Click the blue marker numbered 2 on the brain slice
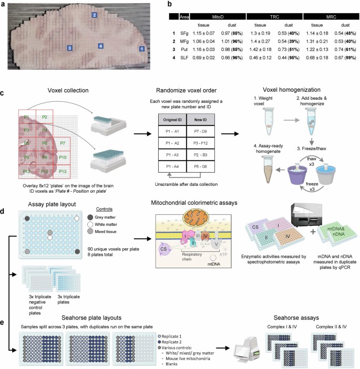click(94, 15)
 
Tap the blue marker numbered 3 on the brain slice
click(70, 48)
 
